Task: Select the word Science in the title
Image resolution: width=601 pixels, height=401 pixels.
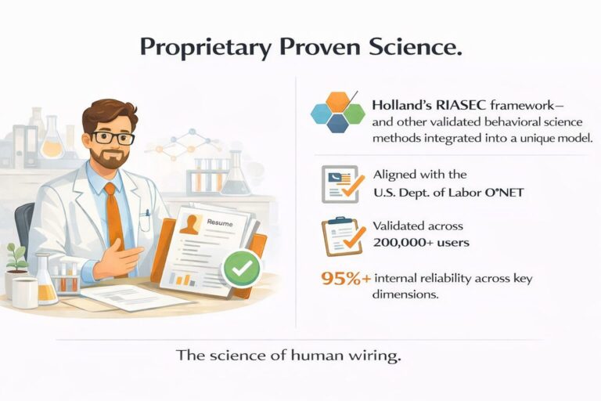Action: [x=413, y=48]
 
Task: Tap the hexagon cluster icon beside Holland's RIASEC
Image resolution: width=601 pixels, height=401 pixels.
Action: [x=337, y=114]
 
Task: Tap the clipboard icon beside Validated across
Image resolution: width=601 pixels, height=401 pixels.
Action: [x=342, y=235]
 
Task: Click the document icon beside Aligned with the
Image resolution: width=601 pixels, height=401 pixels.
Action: [x=340, y=185]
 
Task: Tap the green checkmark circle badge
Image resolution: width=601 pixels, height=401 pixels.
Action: [x=241, y=269]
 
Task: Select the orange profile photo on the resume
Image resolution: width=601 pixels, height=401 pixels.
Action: [x=190, y=226]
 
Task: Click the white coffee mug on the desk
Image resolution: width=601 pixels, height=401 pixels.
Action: [x=24, y=291]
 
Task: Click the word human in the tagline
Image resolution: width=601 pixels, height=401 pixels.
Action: [x=319, y=355]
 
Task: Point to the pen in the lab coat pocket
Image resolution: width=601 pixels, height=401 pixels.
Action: [x=146, y=213]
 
